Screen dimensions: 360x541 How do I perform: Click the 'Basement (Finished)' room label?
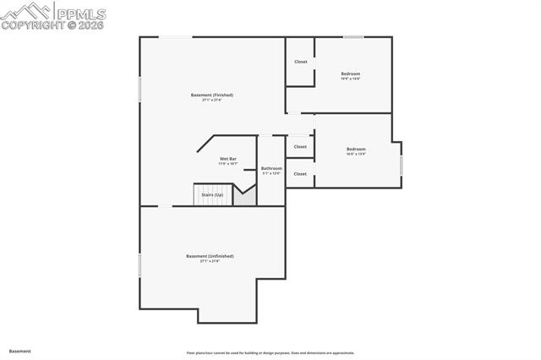pos(211,95)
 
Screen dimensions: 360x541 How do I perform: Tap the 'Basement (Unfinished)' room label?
pos(210,256)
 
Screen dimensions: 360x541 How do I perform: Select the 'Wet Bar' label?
pos(227,159)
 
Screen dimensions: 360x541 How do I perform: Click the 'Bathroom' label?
pos(270,168)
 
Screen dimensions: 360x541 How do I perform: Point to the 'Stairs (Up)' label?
pos(212,195)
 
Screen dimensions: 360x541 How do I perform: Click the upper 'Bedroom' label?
pos(351,74)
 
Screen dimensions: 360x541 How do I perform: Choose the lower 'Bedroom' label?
pos(356,150)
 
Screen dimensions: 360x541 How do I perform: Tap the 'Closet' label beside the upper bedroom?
pos(300,62)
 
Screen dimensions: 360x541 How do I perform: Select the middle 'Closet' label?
pos(300,146)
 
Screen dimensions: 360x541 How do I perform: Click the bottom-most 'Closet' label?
pos(300,174)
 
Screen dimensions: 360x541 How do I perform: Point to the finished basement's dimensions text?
pos(211,101)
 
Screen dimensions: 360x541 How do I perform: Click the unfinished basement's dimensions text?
pos(210,262)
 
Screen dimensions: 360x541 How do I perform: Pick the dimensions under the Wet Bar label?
pos(227,164)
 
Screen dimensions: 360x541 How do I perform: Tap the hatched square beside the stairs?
pos(244,196)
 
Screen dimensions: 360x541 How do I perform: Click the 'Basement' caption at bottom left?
pos(20,351)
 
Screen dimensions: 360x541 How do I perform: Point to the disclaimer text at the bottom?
pos(270,353)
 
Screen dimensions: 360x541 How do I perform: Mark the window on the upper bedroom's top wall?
pos(353,36)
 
